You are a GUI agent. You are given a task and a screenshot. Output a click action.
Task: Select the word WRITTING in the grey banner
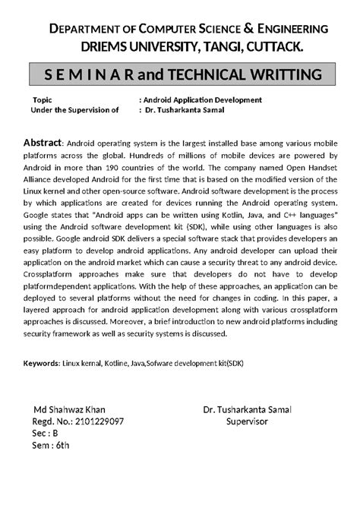(279, 76)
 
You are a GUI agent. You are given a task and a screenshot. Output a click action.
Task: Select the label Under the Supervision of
(74, 109)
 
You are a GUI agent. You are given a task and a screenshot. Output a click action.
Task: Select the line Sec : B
(45, 434)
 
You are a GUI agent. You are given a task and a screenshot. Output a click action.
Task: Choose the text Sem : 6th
(50, 446)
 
